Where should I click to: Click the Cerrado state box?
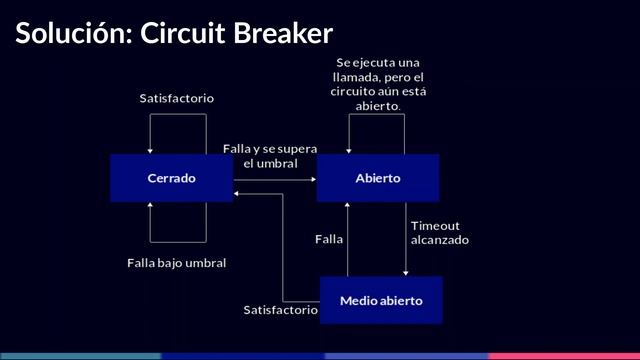pyautogui.click(x=171, y=178)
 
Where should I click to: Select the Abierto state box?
pyautogui.click(x=378, y=178)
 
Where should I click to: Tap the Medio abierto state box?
pyautogui.click(x=380, y=300)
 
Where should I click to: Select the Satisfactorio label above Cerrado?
pyautogui.click(x=177, y=98)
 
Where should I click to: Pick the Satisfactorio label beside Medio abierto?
pyautogui.click(x=280, y=310)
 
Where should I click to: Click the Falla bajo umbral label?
pyautogui.click(x=177, y=263)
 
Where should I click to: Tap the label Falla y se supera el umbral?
pyautogui.click(x=270, y=155)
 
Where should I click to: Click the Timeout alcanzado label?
pyautogui.click(x=440, y=232)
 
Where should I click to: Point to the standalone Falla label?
pyautogui.click(x=329, y=239)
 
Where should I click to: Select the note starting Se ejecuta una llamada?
pyautogui.click(x=378, y=84)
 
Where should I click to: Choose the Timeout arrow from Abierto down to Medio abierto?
pyautogui.click(x=406, y=240)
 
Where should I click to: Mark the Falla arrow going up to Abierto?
pyautogui.click(x=347, y=240)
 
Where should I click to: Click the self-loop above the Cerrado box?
pyautogui.click(x=177, y=115)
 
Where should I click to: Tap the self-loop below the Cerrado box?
pyautogui.click(x=177, y=241)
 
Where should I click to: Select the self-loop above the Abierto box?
pyautogui.click(x=378, y=115)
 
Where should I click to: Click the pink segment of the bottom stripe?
pyautogui.click(x=564, y=355)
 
